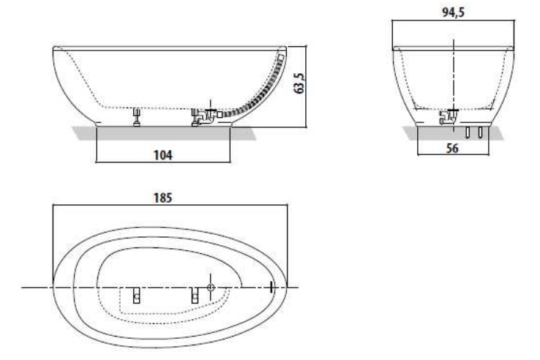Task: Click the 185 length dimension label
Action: point(162,198)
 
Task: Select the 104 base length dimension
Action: point(163,155)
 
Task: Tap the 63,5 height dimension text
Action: point(299,83)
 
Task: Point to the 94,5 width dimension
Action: point(453,12)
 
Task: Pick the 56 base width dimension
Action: point(452,149)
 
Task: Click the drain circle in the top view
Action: point(211,288)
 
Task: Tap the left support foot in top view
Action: point(137,295)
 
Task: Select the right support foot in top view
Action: point(195,295)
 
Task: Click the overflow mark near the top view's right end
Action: point(271,287)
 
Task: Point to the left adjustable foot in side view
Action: point(137,117)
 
